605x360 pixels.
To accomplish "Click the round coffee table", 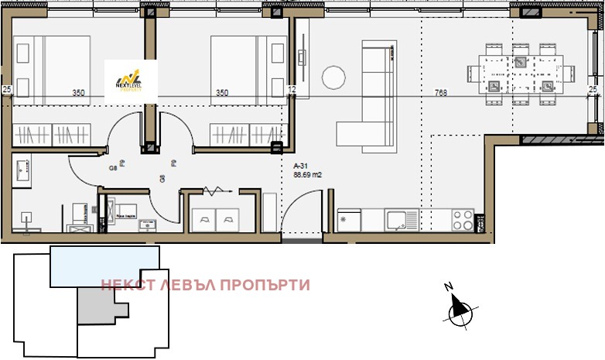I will coord(333,77).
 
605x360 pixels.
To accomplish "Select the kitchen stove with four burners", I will coord(463,220).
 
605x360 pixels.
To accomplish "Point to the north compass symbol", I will coord(460,308).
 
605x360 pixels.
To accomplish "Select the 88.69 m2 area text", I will coord(307,175).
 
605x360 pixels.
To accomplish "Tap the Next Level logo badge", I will coord(131,78).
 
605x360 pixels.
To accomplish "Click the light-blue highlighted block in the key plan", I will coord(104,266).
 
